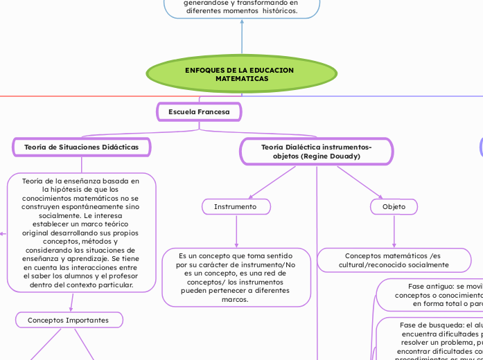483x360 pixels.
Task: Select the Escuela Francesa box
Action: click(199, 111)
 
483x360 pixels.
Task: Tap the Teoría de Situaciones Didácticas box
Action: click(82, 147)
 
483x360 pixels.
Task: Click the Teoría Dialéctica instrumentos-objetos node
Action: click(317, 152)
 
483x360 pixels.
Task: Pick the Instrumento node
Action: click(236, 206)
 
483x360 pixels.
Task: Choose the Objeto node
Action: click(394, 206)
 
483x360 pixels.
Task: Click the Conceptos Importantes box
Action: click(69, 320)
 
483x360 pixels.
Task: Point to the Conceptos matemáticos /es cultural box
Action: click(394, 260)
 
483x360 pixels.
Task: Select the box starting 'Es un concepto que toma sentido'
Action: click(236, 277)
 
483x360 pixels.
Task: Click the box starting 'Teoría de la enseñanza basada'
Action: click(81, 232)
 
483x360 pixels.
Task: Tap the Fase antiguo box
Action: click(430, 294)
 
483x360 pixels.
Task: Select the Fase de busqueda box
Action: click(430, 339)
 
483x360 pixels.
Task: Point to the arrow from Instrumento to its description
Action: click(236, 232)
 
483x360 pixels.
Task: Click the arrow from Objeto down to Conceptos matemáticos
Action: click(394, 231)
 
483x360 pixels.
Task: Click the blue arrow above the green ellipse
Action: click(242, 38)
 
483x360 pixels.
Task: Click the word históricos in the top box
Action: click(278, 11)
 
